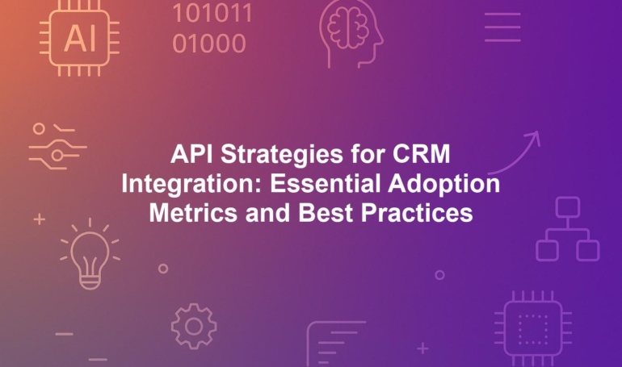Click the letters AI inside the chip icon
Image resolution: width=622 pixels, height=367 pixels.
pyautogui.click(x=80, y=39)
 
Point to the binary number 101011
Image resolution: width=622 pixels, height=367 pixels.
pyautogui.click(x=212, y=13)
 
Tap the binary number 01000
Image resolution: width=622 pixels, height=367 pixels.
pyautogui.click(x=209, y=44)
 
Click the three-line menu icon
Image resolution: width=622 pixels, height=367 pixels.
pyautogui.click(x=502, y=27)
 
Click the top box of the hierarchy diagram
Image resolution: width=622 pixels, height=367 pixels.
pyautogui.click(x=568, y=206)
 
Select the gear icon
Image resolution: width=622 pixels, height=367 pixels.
pyautogui.click(x=194, y=326)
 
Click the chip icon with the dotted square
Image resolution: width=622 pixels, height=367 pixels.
pyautogui.click(x=533, y=327)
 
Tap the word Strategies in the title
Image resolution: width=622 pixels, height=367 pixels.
pyautogui.click(x=282, y=155)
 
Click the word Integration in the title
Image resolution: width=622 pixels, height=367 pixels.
pyautogui.click(x=191, y=185)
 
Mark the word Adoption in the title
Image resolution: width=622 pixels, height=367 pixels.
pyautogui.click(x=444, y=185)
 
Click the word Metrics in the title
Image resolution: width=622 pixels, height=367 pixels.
pyautogui.click(x=193, y=213)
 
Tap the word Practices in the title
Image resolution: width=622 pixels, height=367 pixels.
pyautogui.click(x=417, y=213)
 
